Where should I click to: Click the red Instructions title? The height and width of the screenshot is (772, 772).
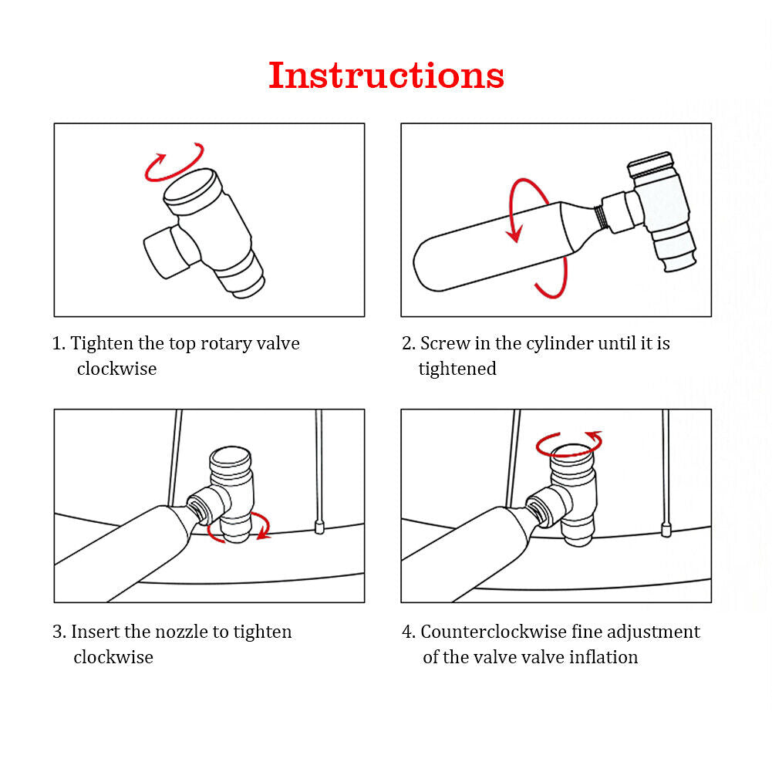tap(386, 76)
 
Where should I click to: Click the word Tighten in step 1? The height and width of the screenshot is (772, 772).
tap(102, 343)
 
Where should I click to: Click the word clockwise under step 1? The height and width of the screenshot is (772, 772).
tap(116, 369)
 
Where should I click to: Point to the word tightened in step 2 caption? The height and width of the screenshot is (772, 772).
tap(457, 369)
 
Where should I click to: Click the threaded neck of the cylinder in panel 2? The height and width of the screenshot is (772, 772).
tap(599, 217)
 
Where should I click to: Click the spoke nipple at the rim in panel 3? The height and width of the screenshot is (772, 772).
tap(319, 527)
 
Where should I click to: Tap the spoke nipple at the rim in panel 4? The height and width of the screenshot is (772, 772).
tap(666, 530)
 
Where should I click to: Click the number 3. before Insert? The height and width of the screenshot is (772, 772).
tap(59, 631)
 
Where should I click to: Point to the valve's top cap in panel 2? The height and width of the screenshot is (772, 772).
tap(651, 164)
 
